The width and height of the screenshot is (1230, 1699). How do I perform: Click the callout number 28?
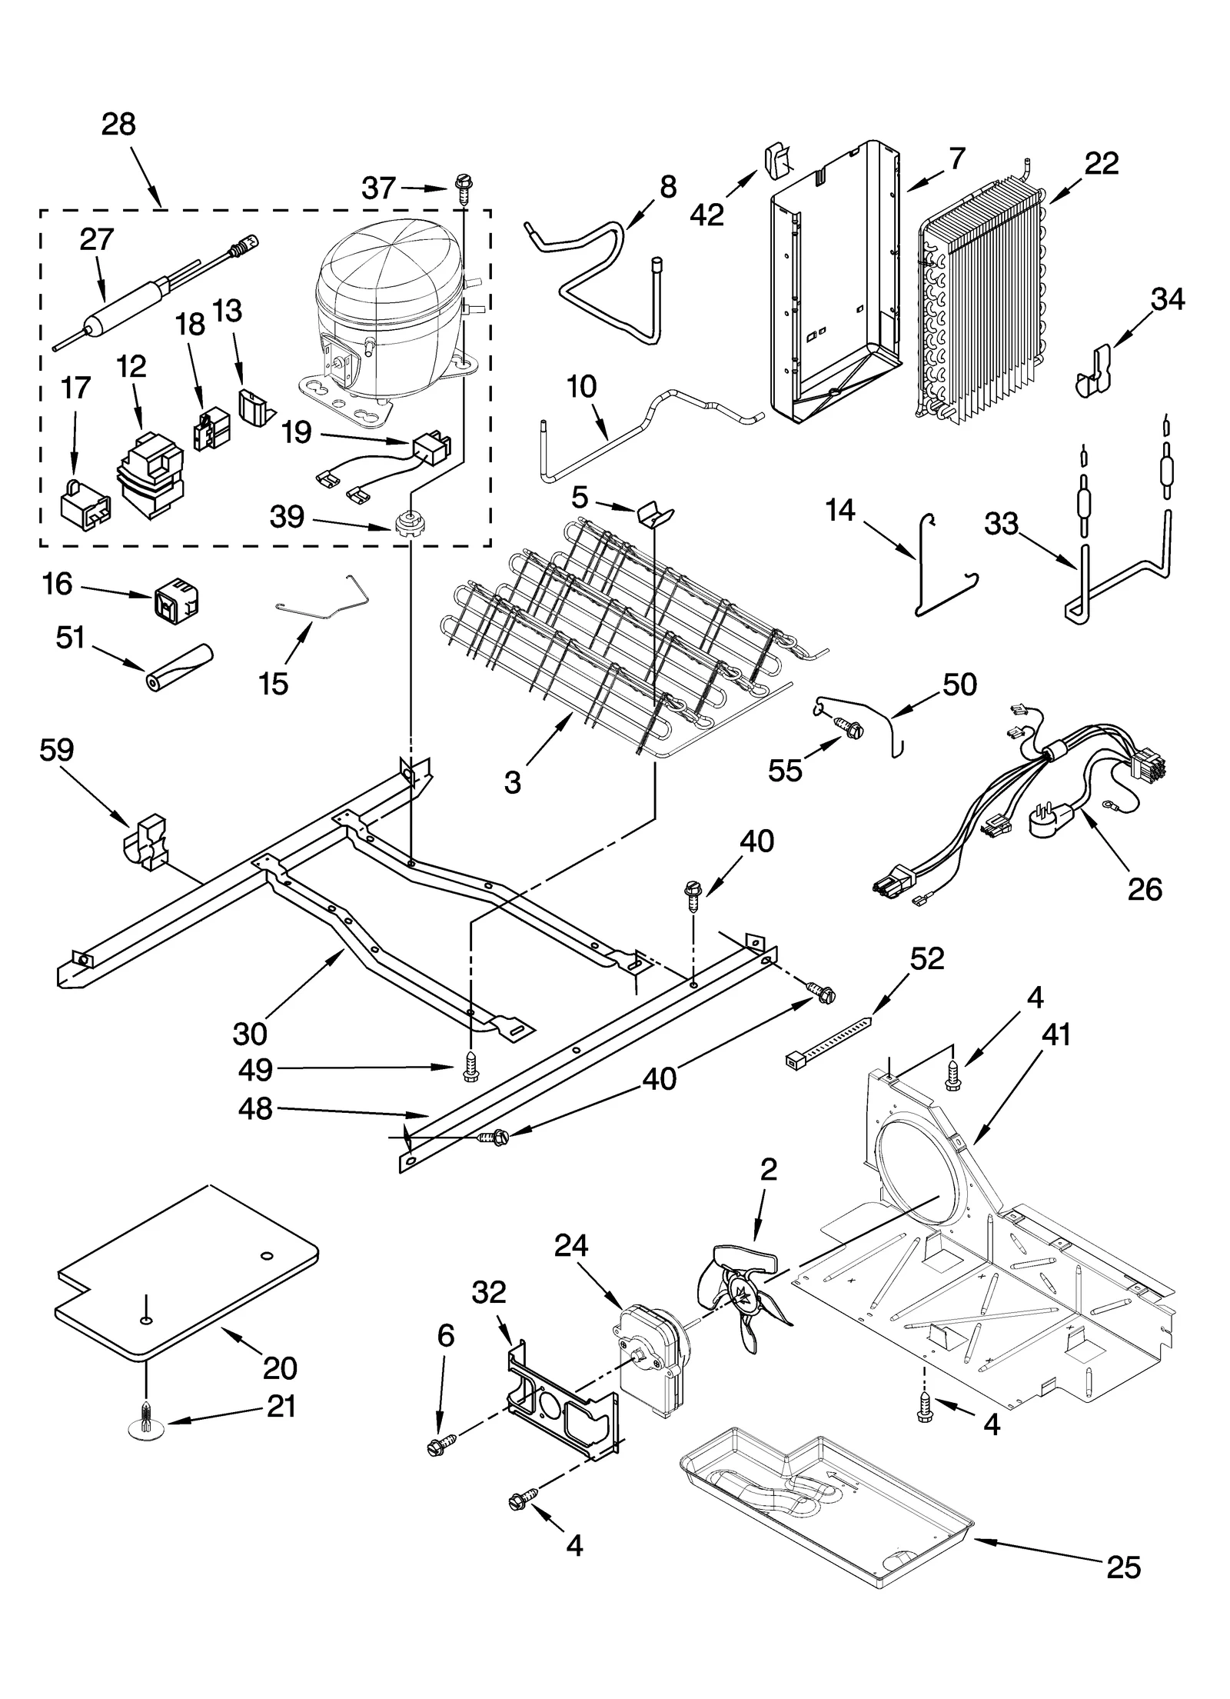pos(118,125)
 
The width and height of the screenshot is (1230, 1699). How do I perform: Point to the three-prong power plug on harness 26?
pos(1052,823)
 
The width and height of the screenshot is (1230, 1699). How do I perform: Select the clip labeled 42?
pos(781,163)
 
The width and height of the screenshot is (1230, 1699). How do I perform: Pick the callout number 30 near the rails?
pos(251,1034)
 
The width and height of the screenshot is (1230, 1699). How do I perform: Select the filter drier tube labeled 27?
pos(131,305)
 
